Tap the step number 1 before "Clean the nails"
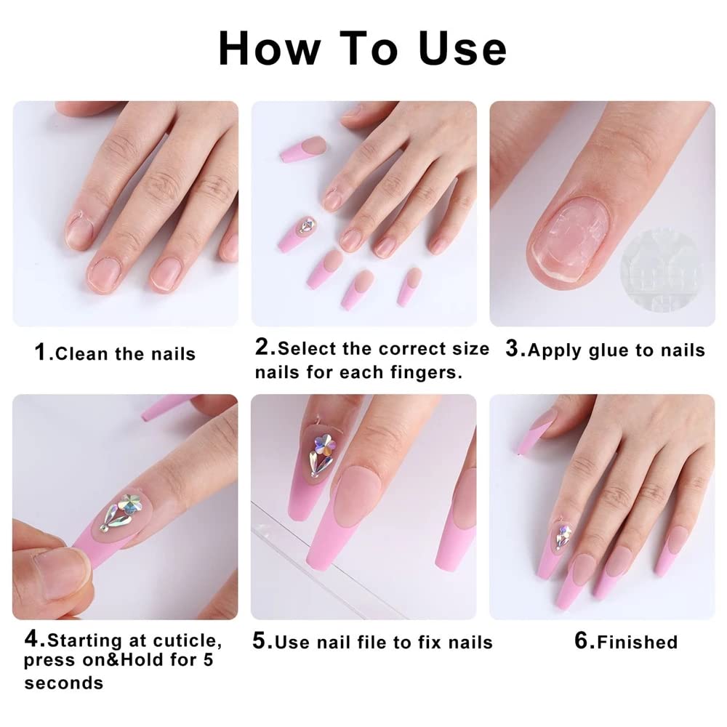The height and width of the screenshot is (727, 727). [42, 353]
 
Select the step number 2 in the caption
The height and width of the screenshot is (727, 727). [262, 348]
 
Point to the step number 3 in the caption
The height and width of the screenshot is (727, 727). [513, 349]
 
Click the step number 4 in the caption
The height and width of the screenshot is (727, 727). [32, 640]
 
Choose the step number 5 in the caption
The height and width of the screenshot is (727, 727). [261, 641]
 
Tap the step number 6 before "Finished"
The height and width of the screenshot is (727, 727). [582, 640]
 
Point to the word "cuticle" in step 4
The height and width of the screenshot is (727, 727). [186, 641]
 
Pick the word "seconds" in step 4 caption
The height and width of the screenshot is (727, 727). [63, 683]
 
